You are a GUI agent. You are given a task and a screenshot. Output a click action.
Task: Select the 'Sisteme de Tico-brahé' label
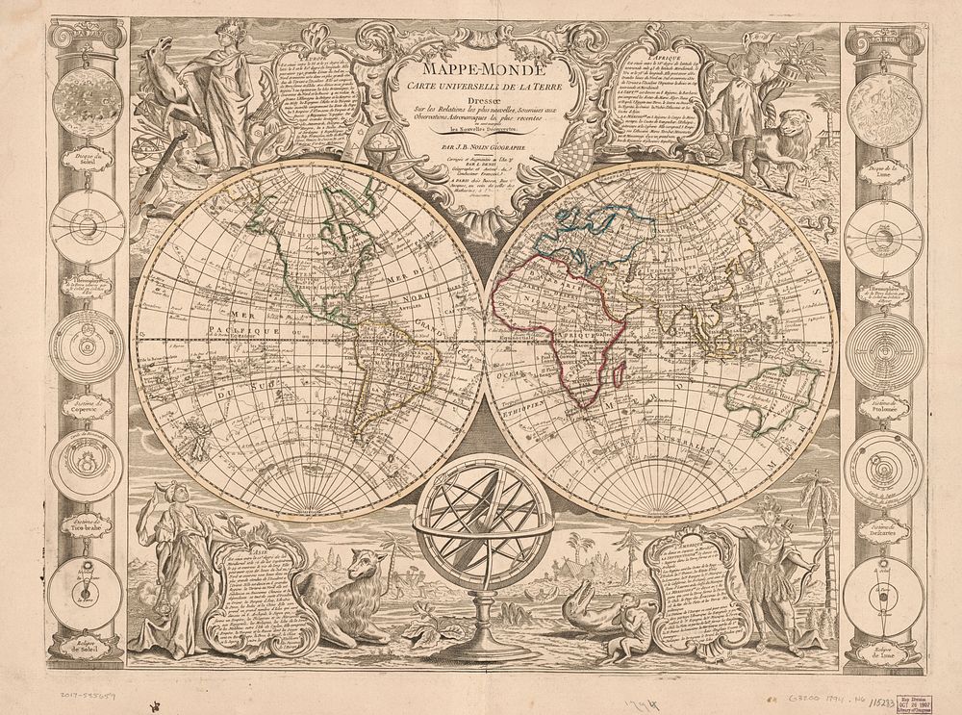87,524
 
